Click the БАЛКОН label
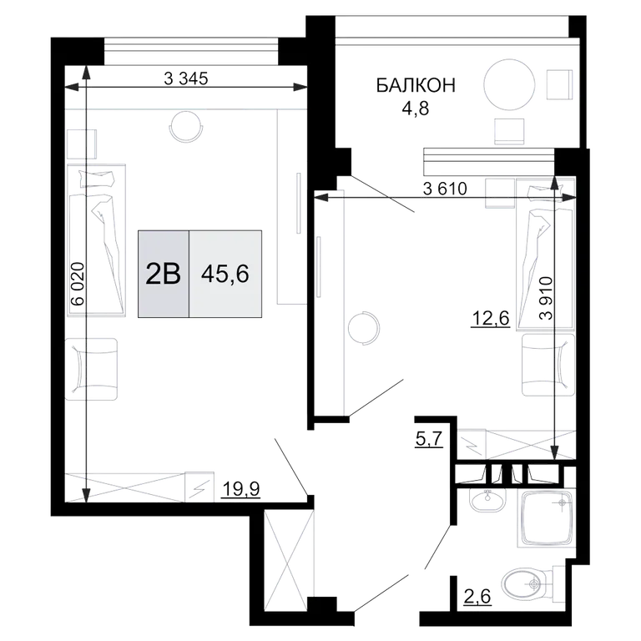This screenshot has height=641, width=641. tap(416, 86)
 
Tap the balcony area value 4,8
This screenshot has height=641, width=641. tap(416, 109)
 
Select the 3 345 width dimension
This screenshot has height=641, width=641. tap(186, 78)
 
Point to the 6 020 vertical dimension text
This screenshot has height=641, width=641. tap(78, 283)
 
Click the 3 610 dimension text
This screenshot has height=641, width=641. tap(445, 189)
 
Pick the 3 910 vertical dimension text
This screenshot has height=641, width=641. tap(545, 298)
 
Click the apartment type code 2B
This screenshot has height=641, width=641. tap(163, 274)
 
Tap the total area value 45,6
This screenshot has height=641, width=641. tap(225, 274)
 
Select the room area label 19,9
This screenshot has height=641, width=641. tap(240, 488)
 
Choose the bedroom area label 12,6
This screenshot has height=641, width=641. tap(491, 318)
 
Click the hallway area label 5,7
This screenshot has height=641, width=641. tap(429, 439)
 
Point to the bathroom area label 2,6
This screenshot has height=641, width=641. tap(477, 597)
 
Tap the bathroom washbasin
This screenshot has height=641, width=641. tap(487, 501)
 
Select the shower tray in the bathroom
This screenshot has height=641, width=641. tap(546, 519)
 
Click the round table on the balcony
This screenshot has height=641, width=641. tap(509, 84)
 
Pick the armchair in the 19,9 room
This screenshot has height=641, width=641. tap(92, 369)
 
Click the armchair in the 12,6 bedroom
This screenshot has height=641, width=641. tap(548, 365)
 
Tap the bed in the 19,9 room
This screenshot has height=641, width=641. tap(96, 240)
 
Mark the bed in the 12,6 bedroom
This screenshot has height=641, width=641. tap(545, 254)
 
